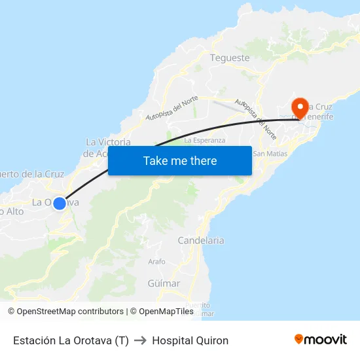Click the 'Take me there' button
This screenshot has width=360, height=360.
pos(180,161)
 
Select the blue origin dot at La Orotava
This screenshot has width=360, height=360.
pos(60,203)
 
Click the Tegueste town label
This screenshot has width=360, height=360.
pos(230,58)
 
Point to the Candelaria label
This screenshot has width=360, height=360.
pos(201,240)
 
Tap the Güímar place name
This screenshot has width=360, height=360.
pos(164,283)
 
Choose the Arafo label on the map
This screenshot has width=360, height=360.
pos(157,261)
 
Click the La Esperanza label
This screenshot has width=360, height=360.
pos(205,140)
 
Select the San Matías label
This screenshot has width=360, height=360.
pos(270,154)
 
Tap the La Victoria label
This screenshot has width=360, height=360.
pos(109,142)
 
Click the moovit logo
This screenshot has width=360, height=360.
pos(321,339)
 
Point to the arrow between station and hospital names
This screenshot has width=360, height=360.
pos(140,340)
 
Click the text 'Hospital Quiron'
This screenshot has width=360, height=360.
pos(190,340)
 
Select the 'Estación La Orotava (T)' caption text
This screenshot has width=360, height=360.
pos(71,340)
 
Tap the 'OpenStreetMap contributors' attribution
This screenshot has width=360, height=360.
pos(69,312)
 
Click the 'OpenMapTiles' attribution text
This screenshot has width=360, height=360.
pos(166,312)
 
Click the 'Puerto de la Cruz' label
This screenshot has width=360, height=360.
pos(33,174)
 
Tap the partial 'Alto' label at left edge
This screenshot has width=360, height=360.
pos(12,211)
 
